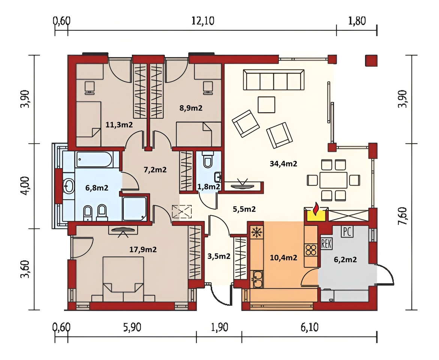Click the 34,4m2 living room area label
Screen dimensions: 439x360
click(x=283, y=163)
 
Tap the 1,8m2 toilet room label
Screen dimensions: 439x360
click(x=209, y=187)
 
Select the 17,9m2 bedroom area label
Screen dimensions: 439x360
click(x=143, y=249)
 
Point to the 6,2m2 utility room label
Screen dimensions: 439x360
click(x=345, y=259)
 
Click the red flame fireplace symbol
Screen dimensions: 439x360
click(x=316, y=209)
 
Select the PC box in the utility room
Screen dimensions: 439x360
click(x=347, y=232)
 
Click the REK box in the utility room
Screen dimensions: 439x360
click(x=326, y=244)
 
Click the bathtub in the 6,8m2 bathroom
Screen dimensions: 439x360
click(x=94, y=159)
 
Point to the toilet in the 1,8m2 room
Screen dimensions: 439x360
click(x=208, y=160)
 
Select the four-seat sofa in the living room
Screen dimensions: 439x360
click(x=274, y=80)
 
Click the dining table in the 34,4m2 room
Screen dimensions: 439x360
click(x=333, y=180)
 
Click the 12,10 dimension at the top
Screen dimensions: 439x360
click(x=203, y=21)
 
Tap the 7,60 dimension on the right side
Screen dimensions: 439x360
click(x=403, y=216)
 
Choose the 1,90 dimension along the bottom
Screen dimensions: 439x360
click(x=220, y=327)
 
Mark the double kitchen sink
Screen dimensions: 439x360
click(x=257, y=279)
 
